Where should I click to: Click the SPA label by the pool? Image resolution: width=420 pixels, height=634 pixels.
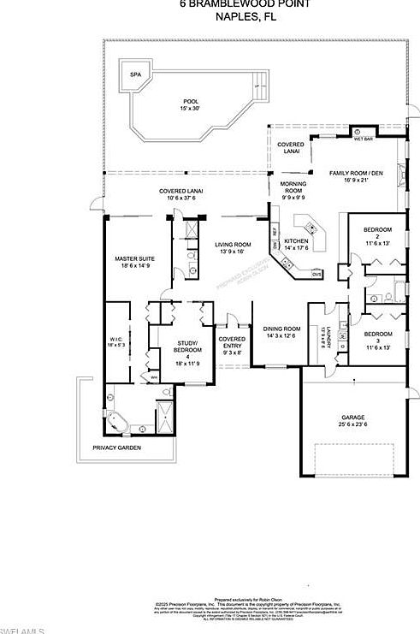134,74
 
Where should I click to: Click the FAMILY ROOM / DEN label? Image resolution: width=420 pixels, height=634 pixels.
358,176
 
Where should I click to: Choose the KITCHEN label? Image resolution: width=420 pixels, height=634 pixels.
295,246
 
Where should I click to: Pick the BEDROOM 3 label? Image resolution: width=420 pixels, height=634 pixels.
376,338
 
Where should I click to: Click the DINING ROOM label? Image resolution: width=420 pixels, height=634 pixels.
281,332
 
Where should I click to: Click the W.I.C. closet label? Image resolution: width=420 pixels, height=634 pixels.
117,344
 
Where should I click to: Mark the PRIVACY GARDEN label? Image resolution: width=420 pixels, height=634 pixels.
117,448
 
